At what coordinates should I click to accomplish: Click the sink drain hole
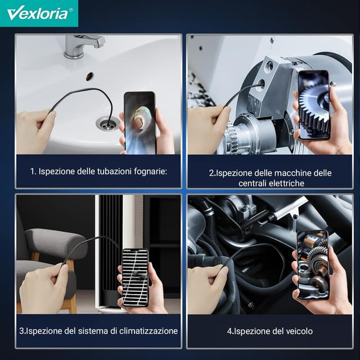pos(106,122)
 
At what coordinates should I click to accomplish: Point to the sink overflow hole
pos(89,74)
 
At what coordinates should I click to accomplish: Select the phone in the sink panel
pos(139,122)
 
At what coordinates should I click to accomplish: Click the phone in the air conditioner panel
pos(135,277)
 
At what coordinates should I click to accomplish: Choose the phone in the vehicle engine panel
pos(312,264)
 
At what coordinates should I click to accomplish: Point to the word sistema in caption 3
pos(82,331)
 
